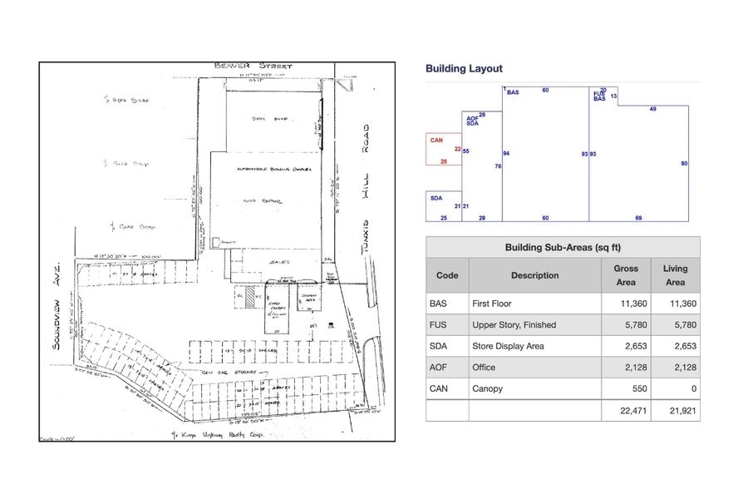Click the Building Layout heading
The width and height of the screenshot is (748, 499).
pyautogui.click(x=464, y=69)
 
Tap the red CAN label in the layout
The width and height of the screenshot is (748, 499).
pyautogui.click(x=436, y=141)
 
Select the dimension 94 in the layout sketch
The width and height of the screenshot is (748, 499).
pyautogui.click(x=506, y=154)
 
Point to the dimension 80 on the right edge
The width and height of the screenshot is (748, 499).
pyautogui.click(x=684, y=164)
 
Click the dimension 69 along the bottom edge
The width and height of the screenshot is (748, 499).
pyautogui.click(x=638, y=218)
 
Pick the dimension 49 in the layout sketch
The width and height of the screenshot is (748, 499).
pyautogui.click(x=653, y=109)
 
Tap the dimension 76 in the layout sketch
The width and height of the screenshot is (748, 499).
pyautogui.click(x=499, y=166)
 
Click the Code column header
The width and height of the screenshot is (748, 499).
pyautogui.click(x=447, y=275)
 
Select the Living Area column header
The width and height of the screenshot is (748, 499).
pyautogui.click(x=675, y=275)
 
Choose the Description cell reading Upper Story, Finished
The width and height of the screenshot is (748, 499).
pyautogui.click(x=514, y=325)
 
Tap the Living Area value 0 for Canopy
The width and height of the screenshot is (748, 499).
pyautogui.click(x=693, y=388)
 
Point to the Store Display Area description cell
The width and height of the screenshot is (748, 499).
pyautogui.click(x=508, y=346)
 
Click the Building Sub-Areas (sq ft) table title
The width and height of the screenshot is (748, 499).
pyautogui.click(x=563, y=248)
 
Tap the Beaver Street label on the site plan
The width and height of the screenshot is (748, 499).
pyautogui.click(x=244, y=65)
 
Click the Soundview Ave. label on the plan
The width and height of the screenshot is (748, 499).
pyautogui.click(x=59, y=299)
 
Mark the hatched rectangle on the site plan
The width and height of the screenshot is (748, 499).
pyautogui.click(x=250, y=296)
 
